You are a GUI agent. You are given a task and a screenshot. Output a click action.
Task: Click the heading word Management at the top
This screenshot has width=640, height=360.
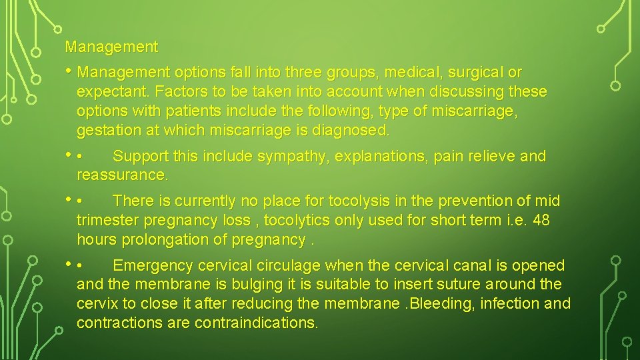[111, 47]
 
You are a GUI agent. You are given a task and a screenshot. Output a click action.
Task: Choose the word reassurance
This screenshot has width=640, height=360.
[123, 175]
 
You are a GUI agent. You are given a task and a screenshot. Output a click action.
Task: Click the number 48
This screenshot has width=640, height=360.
[541, 220]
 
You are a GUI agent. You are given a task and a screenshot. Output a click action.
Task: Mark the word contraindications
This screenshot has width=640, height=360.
[256, 323]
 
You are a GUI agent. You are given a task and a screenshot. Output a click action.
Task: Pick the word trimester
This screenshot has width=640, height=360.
[107, 220]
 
